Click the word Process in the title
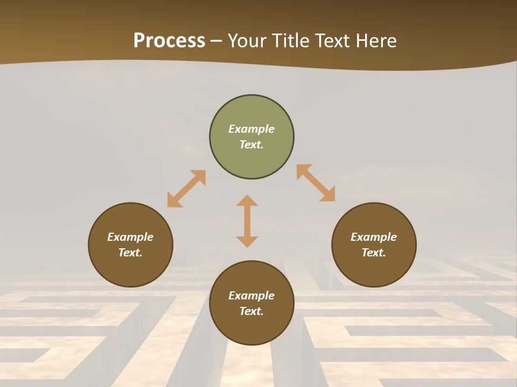[x=169, y=41]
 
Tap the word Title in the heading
[x=291, y=41]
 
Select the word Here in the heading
[x=376, y=41]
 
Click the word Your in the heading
[x=247, y=41]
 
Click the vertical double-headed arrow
[x=247, y=221]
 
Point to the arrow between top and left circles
[x=186, y=189]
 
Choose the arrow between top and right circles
[x=316, y=183]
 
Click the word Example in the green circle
[x=251, y=129]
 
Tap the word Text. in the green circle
[x=251, y=145]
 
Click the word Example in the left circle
[x=130, y=237]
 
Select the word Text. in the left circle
[x=130, y=253]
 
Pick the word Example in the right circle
[x=374, y=237]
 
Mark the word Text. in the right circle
[x=374, y=253]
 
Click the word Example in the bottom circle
[x=251, y=296]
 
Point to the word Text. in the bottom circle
[x=251, y=311]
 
